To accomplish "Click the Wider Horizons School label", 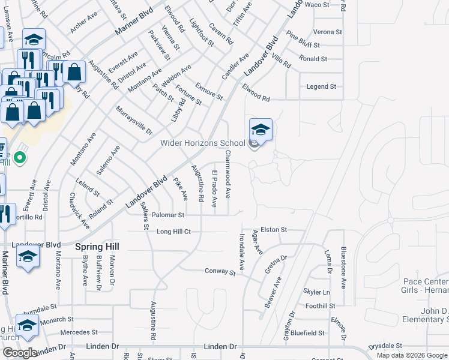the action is click(x=202, y=143).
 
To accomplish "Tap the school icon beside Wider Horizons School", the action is click(x=261, y=130).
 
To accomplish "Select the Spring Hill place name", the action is click(x=97, y=247).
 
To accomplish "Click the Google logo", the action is click(x=19, y=353).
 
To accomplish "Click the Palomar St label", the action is click(x=167, y=214).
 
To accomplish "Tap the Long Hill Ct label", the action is click(x=173, y=231).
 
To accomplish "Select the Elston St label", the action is click(x=274, y=229).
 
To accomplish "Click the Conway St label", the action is click(x=220, y=272).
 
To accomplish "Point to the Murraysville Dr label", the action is click(x=134, y=120).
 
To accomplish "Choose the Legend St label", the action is click(x=321, y=86).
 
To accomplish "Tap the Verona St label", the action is click(x=328, y=32).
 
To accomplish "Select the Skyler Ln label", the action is click(x=316, y=292).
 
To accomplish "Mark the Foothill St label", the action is click(x=320, y=306).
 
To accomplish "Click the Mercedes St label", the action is click(x=79, y=332).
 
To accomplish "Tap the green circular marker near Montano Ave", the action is click(x=20, y=158).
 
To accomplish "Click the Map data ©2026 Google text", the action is click(x=411, y=355).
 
